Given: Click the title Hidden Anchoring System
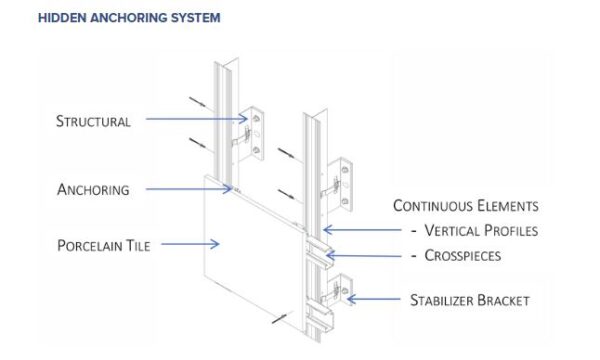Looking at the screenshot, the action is [x=129, y=18].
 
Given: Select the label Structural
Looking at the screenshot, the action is [x=93, y=121].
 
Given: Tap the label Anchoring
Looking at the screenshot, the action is [x=93, y=189].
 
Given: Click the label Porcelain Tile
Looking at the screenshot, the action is [x=103, y=245].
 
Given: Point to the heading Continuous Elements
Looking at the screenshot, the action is [x=466, y=205].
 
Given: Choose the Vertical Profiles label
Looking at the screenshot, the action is [x=481, y=230].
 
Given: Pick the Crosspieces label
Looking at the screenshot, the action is [x=463, y=255].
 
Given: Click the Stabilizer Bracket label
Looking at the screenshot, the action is [x=470, y=300].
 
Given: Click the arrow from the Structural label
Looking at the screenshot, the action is [x=197, y=119].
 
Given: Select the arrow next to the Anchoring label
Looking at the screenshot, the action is [x=189, y=189].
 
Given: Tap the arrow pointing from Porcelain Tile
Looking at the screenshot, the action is [x=190, y=244].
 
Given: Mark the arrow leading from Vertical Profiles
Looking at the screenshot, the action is [x=362, y=230].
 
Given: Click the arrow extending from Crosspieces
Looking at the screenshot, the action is [x=364, y=255].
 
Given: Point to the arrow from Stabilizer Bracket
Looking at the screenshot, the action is [x=373, y=299].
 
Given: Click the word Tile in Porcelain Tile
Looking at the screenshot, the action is [x=138, y=245].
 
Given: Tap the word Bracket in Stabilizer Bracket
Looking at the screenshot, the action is [x=503, y=300].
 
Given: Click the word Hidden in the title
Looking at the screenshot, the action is [x=62, y=18].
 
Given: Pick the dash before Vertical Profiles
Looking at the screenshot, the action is [x=414, y=231].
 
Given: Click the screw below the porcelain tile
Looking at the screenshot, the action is [x=279, y=318].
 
